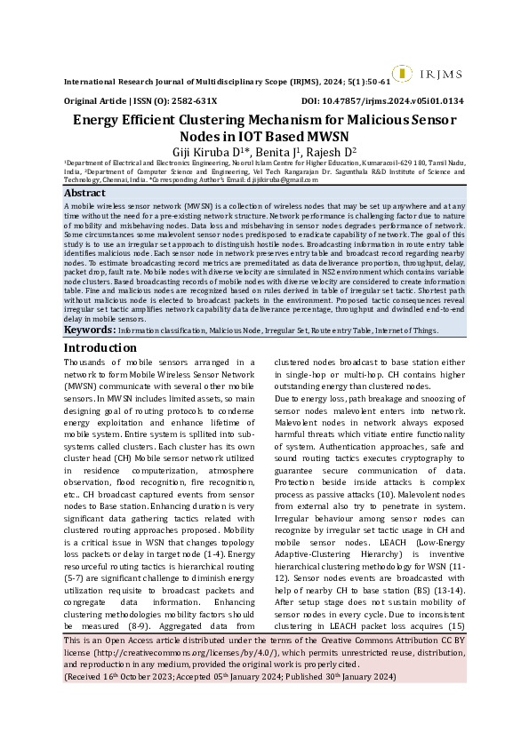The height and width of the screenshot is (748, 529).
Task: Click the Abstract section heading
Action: (x=85, y=193)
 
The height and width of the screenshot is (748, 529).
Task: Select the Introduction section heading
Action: (x=100, y=348)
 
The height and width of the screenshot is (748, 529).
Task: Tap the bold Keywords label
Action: (x=89, y=330)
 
